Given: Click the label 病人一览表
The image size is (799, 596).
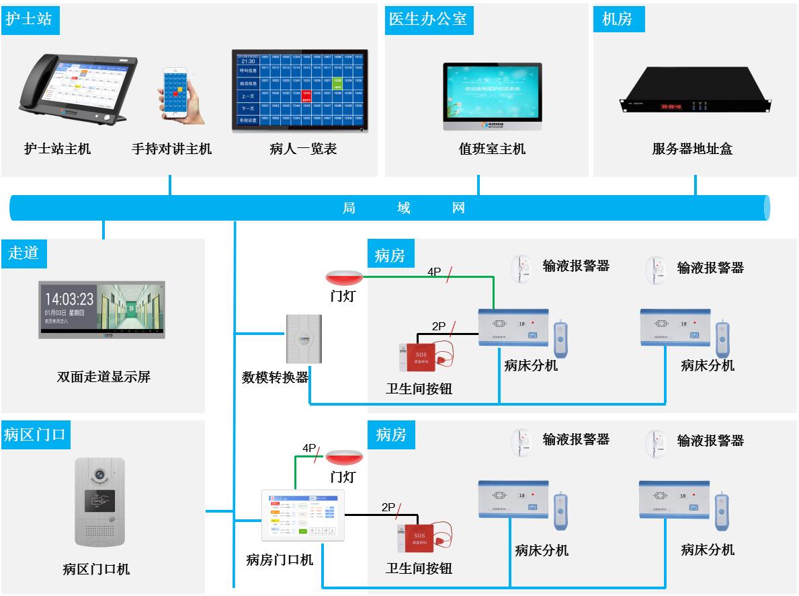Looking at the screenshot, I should pyautogui.click(x=302, y=149).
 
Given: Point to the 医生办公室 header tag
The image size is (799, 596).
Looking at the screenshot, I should pyautogui.click(x=428, y=19).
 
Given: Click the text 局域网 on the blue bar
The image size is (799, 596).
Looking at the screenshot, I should pyautogui.click(x=403, y=208).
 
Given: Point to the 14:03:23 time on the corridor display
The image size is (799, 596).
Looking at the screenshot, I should pyautogui.click(x=69, y=298).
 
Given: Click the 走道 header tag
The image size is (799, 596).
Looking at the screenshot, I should pyautogui.click(x=24, y=253).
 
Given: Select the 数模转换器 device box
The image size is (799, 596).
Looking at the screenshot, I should pyautogui.click(x=303, y=339).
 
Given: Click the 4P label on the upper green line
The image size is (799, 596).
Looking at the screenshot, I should pyautogui.click(x=434, y=272).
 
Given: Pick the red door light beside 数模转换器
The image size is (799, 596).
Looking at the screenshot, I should pyautogui.click(x=344, y=278).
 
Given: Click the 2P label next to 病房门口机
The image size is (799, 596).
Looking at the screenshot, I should pyautogui.click(x=388, y=507).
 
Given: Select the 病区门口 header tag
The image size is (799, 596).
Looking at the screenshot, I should pyautogui.click(x=34, y=435).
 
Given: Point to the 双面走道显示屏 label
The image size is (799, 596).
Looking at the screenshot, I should pyautogui.click(x=103, y=377).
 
